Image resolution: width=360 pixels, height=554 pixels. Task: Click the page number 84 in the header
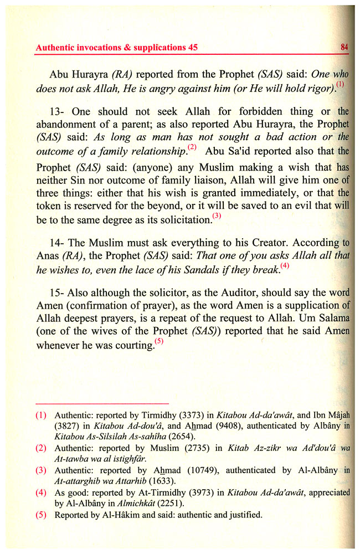point(344,48)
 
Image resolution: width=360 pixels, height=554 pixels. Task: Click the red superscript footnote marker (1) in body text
point(340,85)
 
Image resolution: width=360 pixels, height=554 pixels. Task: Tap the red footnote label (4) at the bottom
point(40,493)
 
